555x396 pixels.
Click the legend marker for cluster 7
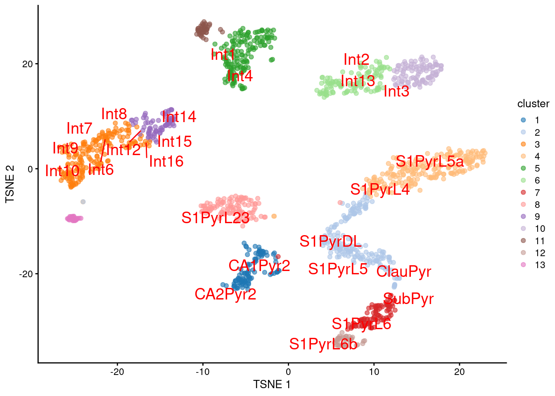tap(524, 193)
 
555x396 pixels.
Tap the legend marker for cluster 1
tap(524, 120)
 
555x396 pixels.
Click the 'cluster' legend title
tap(533, 104)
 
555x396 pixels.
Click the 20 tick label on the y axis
tap(27, 64)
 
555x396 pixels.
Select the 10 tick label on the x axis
tap(374, 372)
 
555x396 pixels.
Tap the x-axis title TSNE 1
tap(272, 384)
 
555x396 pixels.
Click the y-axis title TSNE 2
tap(10, 184)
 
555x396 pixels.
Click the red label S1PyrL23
tap(215, 218)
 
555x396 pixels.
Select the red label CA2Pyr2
tap(225, 294)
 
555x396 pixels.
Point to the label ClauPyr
tap(403, 271)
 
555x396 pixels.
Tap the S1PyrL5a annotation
tap(429, 162)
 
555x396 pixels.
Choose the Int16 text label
tap(166, 161)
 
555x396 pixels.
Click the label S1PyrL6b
tap(323, 344)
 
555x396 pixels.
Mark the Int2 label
tap(356, 60)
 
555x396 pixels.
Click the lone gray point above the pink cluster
tap(83, 202)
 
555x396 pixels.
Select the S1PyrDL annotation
tap(330, 241)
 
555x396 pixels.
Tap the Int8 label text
tap(114, 114)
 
